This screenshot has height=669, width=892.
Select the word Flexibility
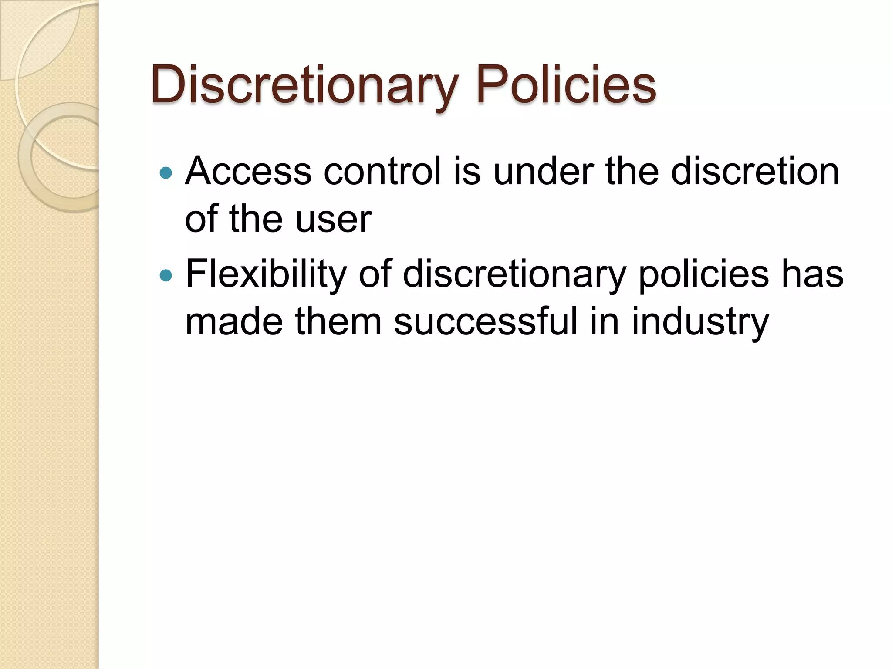tap(266, 274)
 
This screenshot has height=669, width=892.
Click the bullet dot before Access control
tap(166, 173)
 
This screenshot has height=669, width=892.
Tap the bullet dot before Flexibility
tap(166, 276)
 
